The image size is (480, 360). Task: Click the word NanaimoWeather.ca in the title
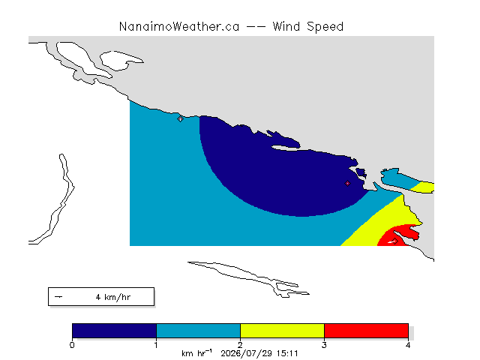point(179,27)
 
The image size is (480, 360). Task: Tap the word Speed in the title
point(325,27)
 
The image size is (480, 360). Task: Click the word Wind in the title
point(286,27)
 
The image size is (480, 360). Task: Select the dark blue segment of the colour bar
point(114,331)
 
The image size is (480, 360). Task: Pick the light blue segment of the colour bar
point(198,331)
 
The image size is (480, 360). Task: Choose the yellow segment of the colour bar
point(282,331)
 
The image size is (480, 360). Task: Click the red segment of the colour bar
point(366,331)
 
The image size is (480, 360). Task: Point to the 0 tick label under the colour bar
point(72,345)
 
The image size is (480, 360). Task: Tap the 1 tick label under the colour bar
point(156,345)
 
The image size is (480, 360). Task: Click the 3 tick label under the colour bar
point(324,345)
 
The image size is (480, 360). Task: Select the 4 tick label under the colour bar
point(408,345)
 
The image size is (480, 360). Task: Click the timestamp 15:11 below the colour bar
point(287,354)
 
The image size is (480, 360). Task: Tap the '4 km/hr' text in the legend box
point(113,297)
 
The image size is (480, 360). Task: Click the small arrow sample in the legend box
point(58,297)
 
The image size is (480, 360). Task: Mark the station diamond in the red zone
point(395,241)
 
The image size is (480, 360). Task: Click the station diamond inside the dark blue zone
point(347,183)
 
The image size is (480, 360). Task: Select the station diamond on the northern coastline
point(180,118)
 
